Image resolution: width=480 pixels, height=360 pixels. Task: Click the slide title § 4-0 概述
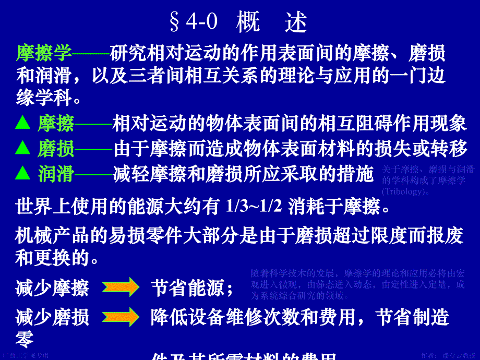click(x=239, y=22)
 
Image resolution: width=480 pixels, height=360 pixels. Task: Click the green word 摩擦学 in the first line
click(x=44, y=53)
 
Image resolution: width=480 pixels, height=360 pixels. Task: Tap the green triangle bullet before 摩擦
click(x=23, y=124)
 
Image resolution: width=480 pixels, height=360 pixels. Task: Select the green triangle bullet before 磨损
click(x=23, y=149)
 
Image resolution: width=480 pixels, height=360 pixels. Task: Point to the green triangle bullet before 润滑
click(x=23, y=173)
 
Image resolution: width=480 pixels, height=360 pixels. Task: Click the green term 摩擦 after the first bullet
click(x=55, y=124)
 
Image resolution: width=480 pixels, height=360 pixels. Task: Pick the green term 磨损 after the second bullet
click(x=55, y=149)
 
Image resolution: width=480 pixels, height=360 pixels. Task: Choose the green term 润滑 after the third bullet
click(x=55, y=174)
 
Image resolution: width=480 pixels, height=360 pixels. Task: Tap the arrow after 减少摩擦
click(x=120, y=287)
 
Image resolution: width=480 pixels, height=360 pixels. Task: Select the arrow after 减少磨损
click(x=120, y=317)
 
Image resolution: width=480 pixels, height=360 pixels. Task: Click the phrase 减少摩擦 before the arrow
click(x=52, y=287)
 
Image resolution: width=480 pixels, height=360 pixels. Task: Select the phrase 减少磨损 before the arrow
click(x=52, y=317)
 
